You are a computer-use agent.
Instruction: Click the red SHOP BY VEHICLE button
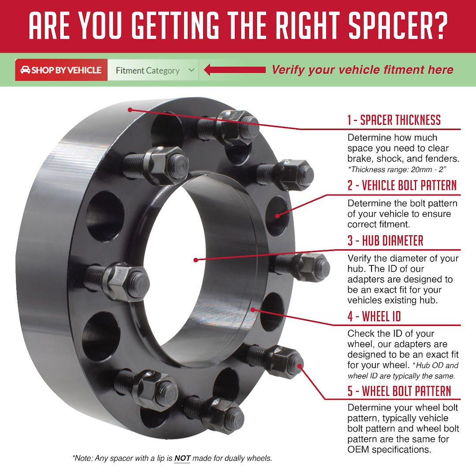pyautogui.click(x=61, y=70)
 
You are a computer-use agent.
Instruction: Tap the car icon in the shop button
pyautogui.click(x=25, y=70)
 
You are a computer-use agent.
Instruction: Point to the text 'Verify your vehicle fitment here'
pyautogui.click(x=362, y=70)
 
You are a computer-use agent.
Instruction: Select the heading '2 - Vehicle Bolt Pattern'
pyautogui.click(x=402, y=185)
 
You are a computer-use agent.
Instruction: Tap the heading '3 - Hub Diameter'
pyautogui.click(x=385, y=241)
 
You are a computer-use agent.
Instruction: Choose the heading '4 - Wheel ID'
pyautogui.click(x=374, y=316)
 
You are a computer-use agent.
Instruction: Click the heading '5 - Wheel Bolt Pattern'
pyautogui.click(x=399, y=391)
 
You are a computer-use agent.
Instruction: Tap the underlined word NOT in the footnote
pyautogui.click(x=182, y=458)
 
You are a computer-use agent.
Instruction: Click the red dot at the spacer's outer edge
pyautogui.click(x=130, y=109)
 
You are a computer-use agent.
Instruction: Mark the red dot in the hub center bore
pyautogui.click(x=195, y=260)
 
